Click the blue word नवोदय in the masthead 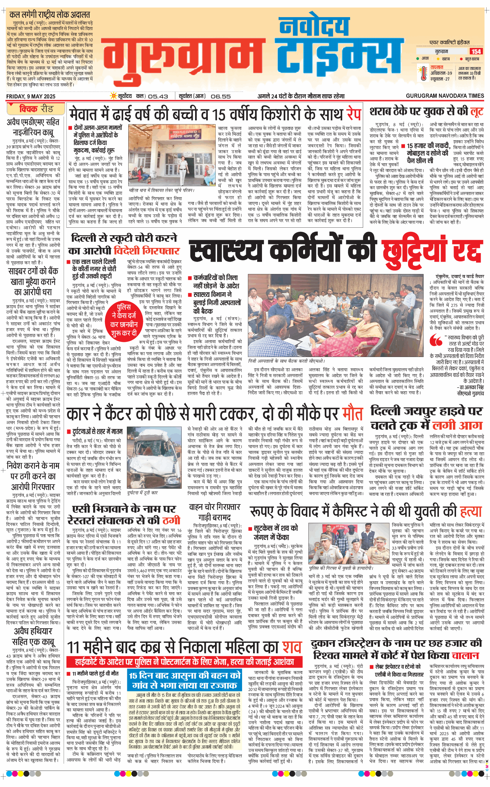314,26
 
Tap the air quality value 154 476,51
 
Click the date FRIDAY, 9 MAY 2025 31,96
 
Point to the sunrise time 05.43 158,96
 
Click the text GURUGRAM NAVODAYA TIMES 445,96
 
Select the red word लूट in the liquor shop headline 477,111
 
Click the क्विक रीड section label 36,109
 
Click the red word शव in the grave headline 292,647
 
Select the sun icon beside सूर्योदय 113,96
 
